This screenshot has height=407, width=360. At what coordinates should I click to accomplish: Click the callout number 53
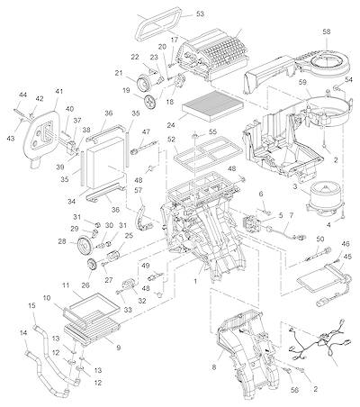pyautogui.click(x=200, y=14)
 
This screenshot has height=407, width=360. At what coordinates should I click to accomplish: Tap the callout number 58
pyautogui.click(x=327, y=32)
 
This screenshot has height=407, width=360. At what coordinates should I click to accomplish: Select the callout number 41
pyautogui.click(x=59, y=91)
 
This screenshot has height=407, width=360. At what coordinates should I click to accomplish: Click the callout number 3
pyautogui.click(x=295, y=186)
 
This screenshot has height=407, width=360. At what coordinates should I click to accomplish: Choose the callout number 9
pyautogui.click(x=119, y=348)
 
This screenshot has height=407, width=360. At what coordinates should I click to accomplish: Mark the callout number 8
pyautogui.click(x=214, y=367)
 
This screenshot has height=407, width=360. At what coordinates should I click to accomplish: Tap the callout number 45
pyautogui.click(x=347, y=257)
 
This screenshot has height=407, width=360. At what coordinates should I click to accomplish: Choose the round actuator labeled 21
pyautogui.click(x=144, y=83)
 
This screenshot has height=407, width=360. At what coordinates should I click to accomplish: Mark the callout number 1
pyautogui.click(x=195, y=281)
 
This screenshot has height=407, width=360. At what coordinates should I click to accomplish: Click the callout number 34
pyautogui.click(x=71, y=202)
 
